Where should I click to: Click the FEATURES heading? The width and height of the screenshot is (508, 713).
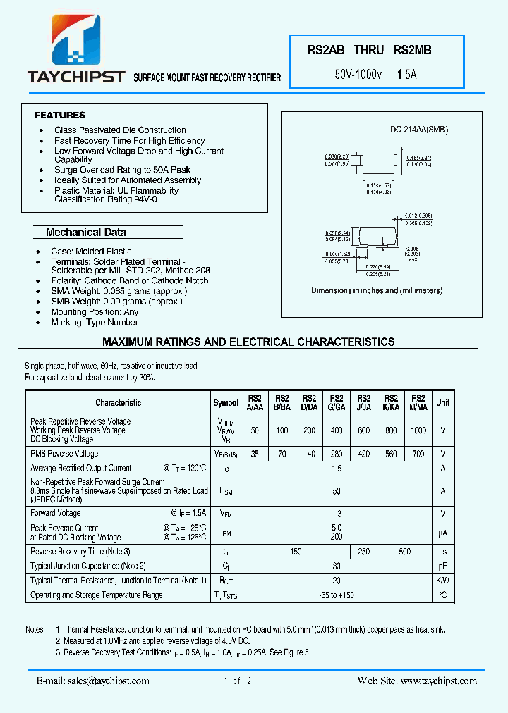(x=60, y=115)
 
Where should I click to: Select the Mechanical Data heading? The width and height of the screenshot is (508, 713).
(x=86, y=232)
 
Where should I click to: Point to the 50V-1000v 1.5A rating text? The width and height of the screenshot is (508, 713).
(x=375, y=73)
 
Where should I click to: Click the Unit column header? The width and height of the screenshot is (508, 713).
(x=442, y=402)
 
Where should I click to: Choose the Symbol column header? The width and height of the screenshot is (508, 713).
(x=226, y=403)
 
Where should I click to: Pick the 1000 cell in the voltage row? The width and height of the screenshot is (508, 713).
(x=418, y=430)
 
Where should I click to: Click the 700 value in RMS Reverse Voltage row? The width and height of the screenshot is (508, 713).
(x=418, y=454)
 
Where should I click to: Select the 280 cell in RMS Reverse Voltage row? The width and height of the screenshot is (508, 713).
(x=337, y=454)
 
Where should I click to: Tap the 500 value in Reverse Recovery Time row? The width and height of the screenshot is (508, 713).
(x=404, y=552)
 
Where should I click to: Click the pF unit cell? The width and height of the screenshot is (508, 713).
(x=442, y=566)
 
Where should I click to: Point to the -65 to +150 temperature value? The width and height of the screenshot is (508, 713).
(x=337, y=595)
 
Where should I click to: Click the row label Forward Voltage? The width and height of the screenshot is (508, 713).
(x=56, y=513)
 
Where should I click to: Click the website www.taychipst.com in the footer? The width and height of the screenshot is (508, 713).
(x=438, y=681)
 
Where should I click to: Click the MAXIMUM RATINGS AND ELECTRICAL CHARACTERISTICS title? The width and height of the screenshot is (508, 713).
(x=248, y=342)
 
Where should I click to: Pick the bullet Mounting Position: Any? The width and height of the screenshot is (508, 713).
(x=95, y=311)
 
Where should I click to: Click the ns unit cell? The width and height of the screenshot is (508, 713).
(x=442, y=552)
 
